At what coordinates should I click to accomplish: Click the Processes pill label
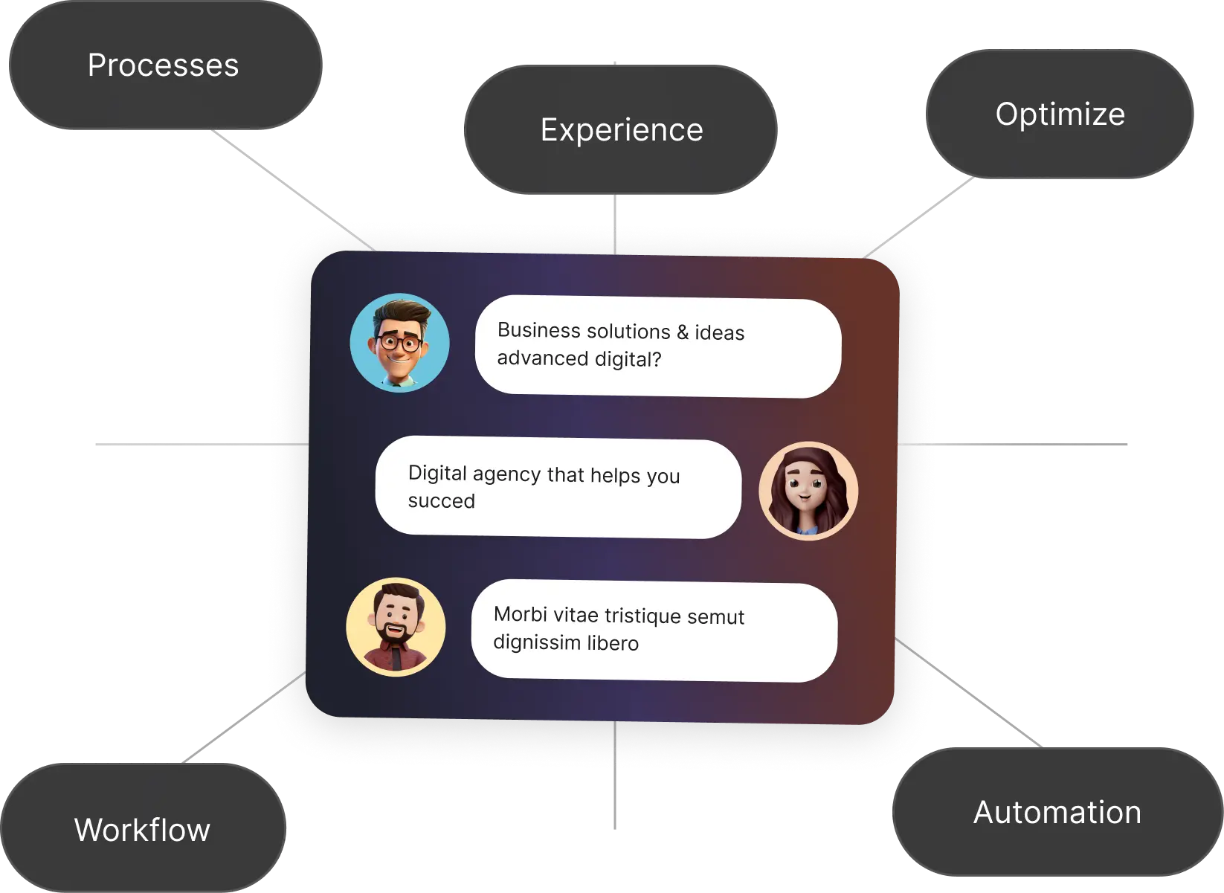click(x=163, y=65)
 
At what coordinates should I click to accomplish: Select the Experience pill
click(x=621, y=130)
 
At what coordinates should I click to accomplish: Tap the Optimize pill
click(x=1060, y=115)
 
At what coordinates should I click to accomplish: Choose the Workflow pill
click(x=142, y=830)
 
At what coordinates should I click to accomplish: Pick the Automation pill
click(x=1057, y=813)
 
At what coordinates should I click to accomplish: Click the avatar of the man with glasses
click(x=399, y=343)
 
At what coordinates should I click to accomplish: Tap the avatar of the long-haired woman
click(x=808, y=490)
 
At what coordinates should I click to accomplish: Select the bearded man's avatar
click(x=396, y=627)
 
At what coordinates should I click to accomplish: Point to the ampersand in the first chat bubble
click(x=683, y=332)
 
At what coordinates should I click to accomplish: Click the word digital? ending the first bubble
click(x=628, y=359)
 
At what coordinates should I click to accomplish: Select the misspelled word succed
click(x=441, y=501)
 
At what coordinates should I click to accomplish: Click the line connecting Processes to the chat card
click(x=290, y=189)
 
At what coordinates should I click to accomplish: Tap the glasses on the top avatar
click(x=399, y=344)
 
